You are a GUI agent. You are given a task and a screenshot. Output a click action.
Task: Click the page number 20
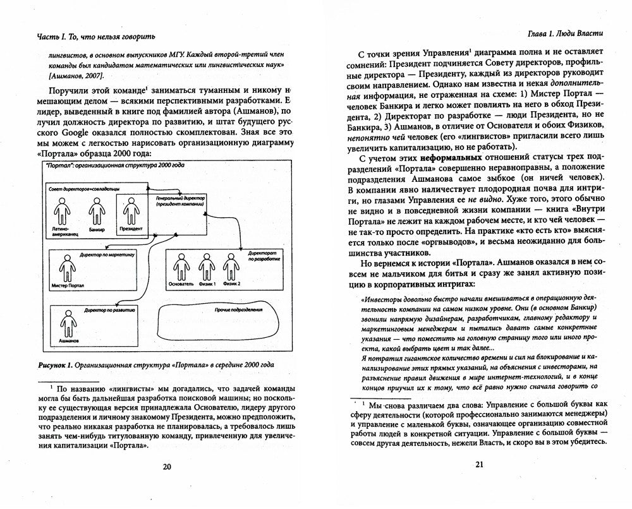coord(167,468)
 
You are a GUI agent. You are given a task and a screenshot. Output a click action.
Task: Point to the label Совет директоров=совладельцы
coord(78,189)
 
